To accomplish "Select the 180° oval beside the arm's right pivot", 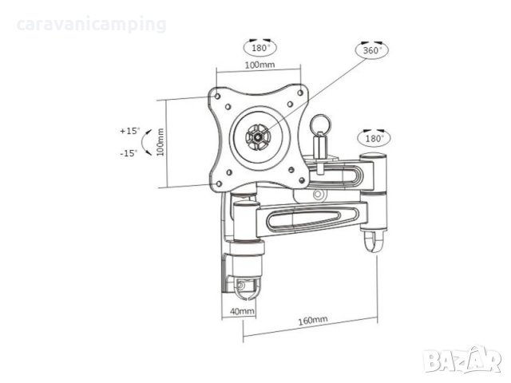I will [x=374, y=138].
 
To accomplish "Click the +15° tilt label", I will [x=129, y=130].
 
